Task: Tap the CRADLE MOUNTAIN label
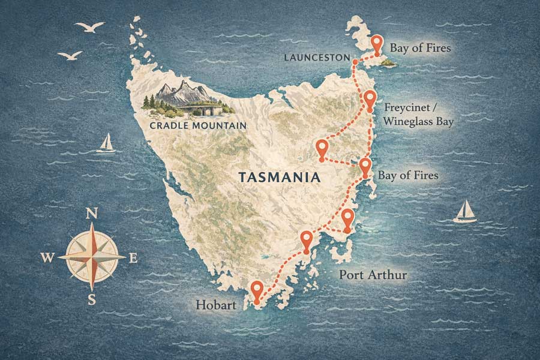pyautogui.click(x=191, y=125)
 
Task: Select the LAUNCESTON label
pyautogui.click(x=319, y=57)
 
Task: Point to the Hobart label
pyautogui.click(x=215, y=305)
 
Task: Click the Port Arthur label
pyautogui.click(x=373, y=275)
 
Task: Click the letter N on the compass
pyautogui.click(x=92, y=214)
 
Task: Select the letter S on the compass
pyautogui.click(x=92, y=299)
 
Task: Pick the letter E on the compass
pyautogui.click(x=133, y=258)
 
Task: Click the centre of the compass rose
pyautogui.click(x=92, y=256)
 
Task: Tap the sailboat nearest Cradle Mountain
pyautogui.click(x=106, y=143)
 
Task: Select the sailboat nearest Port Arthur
pyautogui.click(x=465, y=212)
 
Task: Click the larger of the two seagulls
pyautogui.click(x=89, y=28)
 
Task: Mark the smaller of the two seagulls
pyautogui.click(x=70, y=55)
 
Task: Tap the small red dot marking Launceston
pyautogui.click(x=355, y=62)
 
